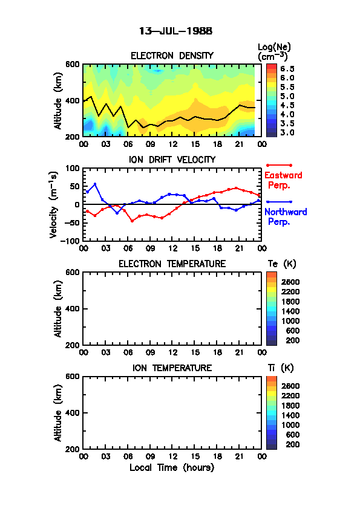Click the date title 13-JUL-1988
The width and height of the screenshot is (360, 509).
[x=175, y=31]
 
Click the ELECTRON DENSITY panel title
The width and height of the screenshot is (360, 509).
[x=172, y=56]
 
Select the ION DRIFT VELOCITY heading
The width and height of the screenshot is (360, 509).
[x=172, y=160]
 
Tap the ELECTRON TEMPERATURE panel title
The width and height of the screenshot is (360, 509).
[x=172, y=264]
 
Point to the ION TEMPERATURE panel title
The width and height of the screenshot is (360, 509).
[x=172, y=368]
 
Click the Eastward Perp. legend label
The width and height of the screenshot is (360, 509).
[x=283, y=180]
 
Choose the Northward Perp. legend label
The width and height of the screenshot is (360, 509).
[x=286, y=216]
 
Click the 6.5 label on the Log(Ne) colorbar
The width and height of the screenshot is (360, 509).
[x=287, y=69]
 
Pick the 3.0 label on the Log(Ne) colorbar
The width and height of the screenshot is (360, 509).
[x=287, y=132]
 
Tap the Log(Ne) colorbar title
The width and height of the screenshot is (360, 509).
[x=274, y=52]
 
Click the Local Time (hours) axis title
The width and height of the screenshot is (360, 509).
[x=172, y=468]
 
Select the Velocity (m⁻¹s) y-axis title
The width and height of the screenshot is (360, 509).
[x=54, y=204]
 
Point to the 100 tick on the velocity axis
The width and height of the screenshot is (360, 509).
[x=73, y=168]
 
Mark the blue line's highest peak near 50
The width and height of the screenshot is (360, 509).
[x=95, y=184]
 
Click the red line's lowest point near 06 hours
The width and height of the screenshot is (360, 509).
[x=133, y=221]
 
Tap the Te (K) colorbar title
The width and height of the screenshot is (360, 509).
[x=282, y=264]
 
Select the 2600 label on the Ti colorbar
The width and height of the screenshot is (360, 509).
[x=290, y=386]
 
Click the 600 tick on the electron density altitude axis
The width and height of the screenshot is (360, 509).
[x=73, y=64]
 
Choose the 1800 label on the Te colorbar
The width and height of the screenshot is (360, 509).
[x=290, y=302]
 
